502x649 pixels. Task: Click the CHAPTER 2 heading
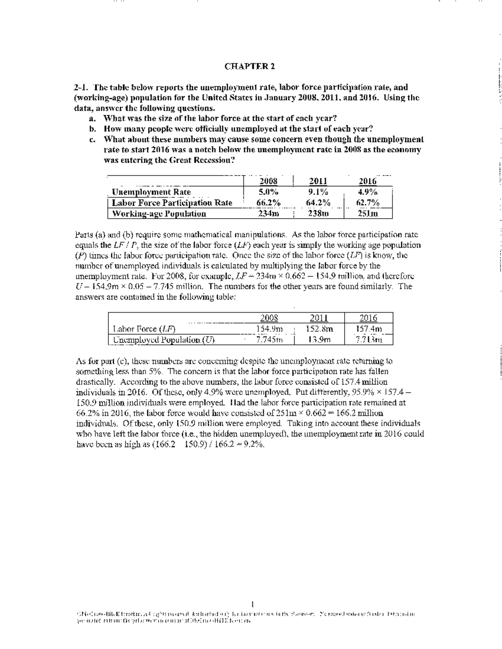click(x=250, y=66)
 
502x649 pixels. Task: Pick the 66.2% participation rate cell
click(x=268, y=203)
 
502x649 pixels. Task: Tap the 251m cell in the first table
click(x=368, y=214)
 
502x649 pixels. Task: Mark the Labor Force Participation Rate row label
click(x=172, y=203)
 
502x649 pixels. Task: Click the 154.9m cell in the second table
click(x=269, y=329)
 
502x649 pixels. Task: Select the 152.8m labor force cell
click(x=319, y=329)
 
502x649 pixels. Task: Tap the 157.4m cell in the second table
click(x=369, y=329)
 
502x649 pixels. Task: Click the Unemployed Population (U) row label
click(x=164, y=340)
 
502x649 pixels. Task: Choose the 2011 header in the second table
click(x=319, y=318)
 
